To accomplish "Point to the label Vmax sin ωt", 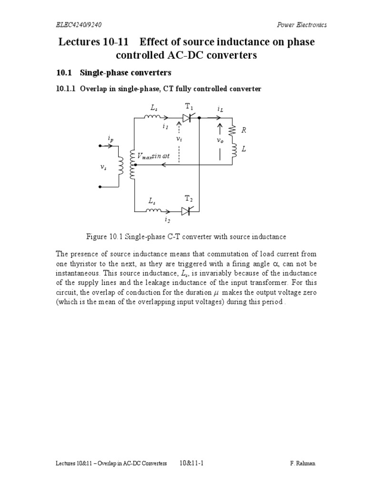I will point(153,156).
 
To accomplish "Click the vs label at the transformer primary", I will point(103,167).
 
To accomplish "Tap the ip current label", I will point(111,139).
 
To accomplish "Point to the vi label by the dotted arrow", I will point(179,139).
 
